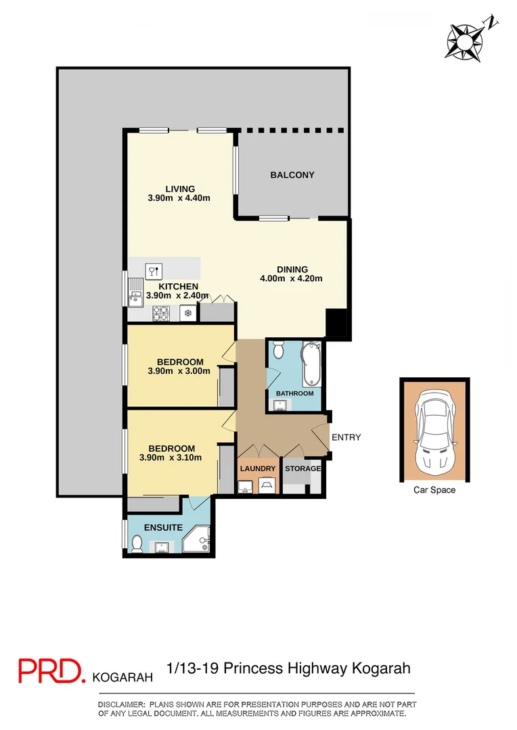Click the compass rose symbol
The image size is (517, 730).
[464, 41]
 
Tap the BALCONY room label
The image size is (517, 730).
[292, 175]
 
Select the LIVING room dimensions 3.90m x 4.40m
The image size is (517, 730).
[179, 199]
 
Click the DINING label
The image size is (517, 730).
[292, 269]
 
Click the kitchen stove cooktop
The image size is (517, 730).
[162, 313]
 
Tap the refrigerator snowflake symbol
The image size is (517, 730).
[187, 313]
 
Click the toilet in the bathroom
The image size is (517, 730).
[278, 351]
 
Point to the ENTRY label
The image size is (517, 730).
[346, 437]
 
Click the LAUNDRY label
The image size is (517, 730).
[258, 469]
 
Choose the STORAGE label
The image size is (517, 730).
[301, 469]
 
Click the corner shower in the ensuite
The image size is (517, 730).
[200, 539]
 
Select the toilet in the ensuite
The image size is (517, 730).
[136, 543]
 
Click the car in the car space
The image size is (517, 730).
[434, 431]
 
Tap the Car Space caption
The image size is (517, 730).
[434, 490]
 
